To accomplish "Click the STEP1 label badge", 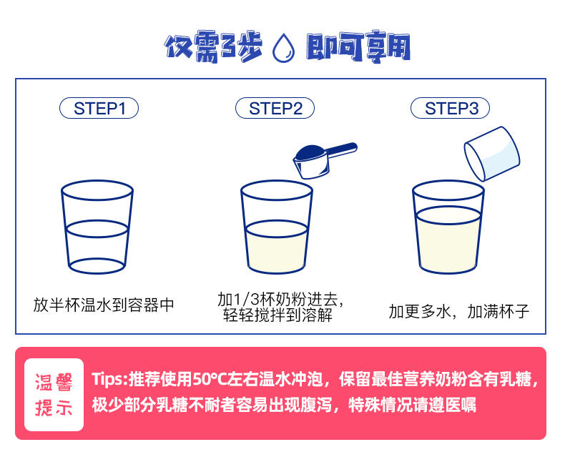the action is click(99, 108).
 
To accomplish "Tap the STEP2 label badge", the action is click(275, 108).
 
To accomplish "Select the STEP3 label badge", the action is click(450, 108).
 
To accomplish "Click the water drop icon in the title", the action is click(284, 48).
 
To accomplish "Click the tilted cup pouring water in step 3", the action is click(492, 153).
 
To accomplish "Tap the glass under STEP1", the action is click(97, 227).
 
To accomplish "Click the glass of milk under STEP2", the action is click(276, 227).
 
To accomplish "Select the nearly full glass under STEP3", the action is click(448, 227).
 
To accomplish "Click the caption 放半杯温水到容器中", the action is click(104, 305).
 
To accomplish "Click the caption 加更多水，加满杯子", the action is click(458, 311).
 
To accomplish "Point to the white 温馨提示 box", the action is click(54, 395).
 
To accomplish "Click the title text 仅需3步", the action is click(213, 47).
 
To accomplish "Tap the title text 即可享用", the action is click(358, 47).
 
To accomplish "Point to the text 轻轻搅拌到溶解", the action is click(277, 315).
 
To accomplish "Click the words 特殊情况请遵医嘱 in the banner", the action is click(412, 405).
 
